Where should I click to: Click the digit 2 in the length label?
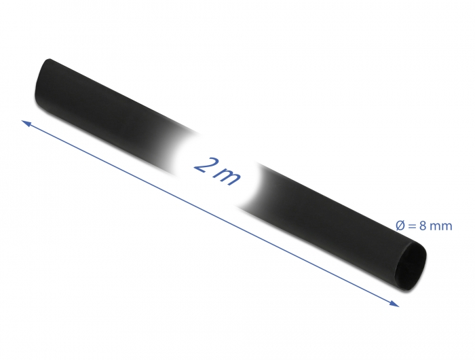[204, 164]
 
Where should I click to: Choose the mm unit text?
[440, 226]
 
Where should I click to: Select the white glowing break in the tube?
[217, 170]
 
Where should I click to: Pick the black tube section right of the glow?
[326, 211]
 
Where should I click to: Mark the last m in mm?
[446, 226]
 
